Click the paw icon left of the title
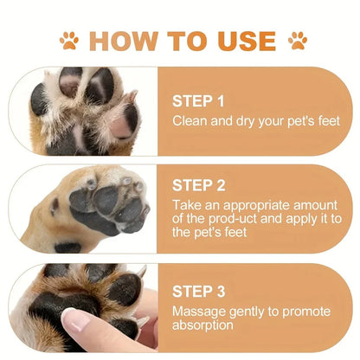click(x=69, y=40)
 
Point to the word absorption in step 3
click(x=203, y=325)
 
